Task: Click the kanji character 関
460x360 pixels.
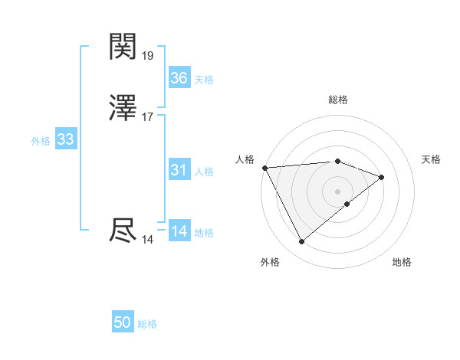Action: pyautogui.click(x=123, y=47)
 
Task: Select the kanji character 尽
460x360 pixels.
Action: pyautogui.click(x=123, y=231)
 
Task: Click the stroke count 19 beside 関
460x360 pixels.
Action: pyautogui.click(x=148, y=56)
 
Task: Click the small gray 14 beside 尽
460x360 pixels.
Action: pyautogui.click(x=148, y=240)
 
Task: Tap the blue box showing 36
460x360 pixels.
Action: pyautogui.click(x=179, y=78)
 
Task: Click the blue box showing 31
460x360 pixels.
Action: pyautogui.click(x=179, y=170)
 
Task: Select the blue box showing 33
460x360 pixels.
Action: pyautogui.click(x=66, y=139)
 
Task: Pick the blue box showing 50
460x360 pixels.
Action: pyautogui.click(x=123, y=322)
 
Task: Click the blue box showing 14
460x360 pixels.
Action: pyautogui.click(x=179, y=231)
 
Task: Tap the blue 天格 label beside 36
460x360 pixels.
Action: pyautogui.click(x=204, y=80)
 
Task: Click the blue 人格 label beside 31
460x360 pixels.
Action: pyautogui.click(x=204, y=172)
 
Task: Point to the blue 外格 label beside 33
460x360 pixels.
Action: pyautogui.click(x=41, y=141)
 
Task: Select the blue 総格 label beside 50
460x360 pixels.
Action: pyautogui.click(x=147, y=324)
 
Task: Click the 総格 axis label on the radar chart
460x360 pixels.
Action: pyautogui.click(x=338, y=100)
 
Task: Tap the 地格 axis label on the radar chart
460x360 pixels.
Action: pyautogui.click(x=402, y=262)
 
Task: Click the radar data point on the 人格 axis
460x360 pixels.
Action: pyautogui.click(x=264, y=167)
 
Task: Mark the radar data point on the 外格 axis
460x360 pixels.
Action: pyautogui.click(x=302, y=242)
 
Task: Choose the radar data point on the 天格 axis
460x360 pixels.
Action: pyautogui.click(x=381, y=177)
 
